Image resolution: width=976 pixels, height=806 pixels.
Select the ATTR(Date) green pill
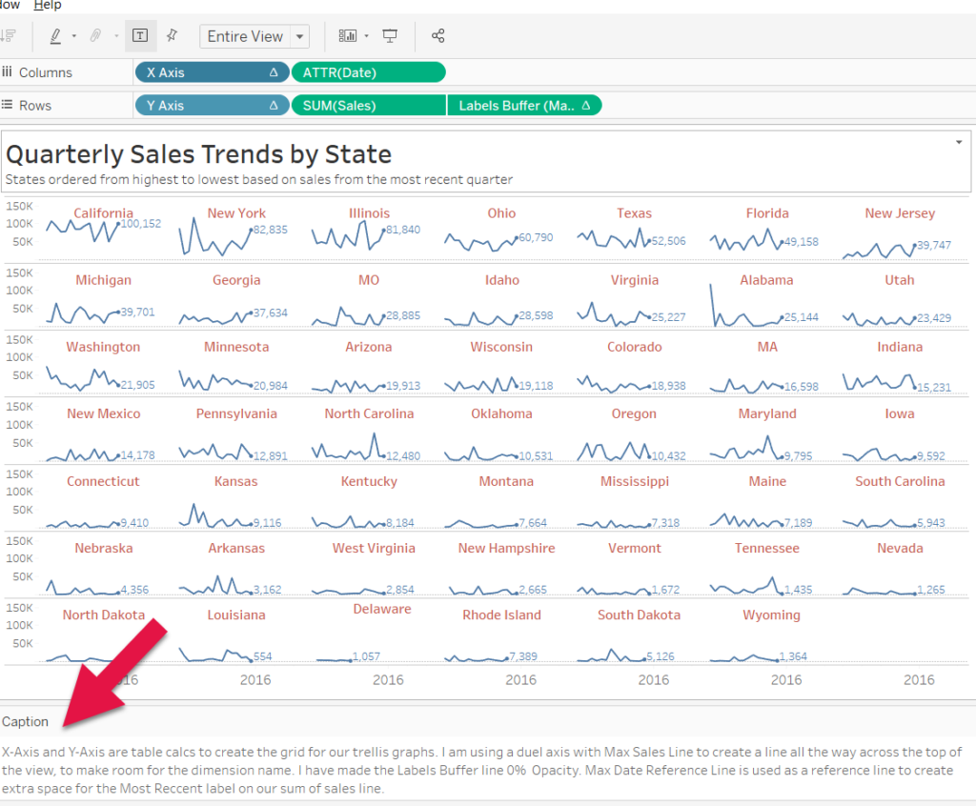click(x=368, y=72)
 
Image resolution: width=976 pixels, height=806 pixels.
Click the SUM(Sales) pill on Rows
click(x=368, y=106)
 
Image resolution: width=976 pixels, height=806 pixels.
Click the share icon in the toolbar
click(x=438, y=36)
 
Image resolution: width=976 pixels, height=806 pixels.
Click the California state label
click(x=103, y=213)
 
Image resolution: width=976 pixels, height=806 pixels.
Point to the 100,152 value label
click(x=141, y=224)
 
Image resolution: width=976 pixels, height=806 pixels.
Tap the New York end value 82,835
click(x=271, y=230)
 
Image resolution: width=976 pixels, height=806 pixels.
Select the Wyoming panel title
click(x=771, y=615)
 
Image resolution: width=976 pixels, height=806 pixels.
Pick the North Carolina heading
click(x=369, y=413)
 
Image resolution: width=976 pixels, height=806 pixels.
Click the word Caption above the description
click(x=25, y=721)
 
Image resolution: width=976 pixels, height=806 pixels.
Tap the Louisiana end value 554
click(x=263, y=656)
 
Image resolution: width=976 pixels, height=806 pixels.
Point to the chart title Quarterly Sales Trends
click(x=198, y=153)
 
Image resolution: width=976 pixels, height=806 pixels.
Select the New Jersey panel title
click(x=900, y=213)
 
